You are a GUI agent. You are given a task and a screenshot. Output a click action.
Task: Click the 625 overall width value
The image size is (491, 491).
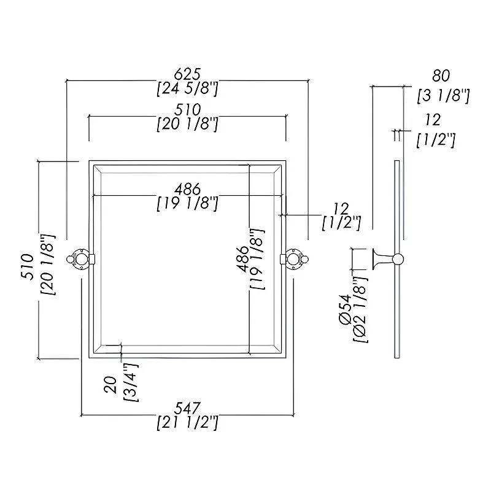[x=187, y=74]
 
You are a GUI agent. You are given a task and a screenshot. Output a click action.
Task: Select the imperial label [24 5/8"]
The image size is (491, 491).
[x=187, y=89]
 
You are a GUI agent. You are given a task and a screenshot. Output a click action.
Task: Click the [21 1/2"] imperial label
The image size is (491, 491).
[x=187, y=422]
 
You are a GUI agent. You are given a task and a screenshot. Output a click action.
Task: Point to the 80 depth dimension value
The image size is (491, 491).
[x=441, y=76]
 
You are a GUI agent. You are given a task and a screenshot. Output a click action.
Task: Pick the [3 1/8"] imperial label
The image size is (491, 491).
[x=443, y=95]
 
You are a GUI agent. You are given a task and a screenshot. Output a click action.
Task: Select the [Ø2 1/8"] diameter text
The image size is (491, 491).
[x=360, y=317]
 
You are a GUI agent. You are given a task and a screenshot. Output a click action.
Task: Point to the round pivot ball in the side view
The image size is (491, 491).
[x=398, y=259]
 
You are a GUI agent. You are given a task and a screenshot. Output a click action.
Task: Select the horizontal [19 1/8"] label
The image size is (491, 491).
[x=187, y=203]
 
